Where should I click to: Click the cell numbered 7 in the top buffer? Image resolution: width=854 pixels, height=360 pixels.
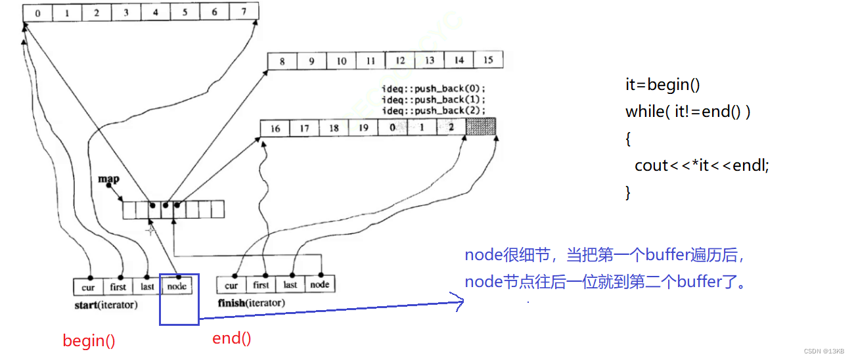tap(244, 12)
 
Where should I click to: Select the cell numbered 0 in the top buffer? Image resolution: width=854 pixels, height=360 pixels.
tap(37, 12)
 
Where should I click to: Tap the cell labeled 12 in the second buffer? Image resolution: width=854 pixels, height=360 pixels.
tap(400, 60)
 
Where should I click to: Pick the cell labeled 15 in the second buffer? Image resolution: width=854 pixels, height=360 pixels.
tap(488, 60)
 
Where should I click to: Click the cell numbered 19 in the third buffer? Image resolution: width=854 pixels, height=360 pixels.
tap(363, 128)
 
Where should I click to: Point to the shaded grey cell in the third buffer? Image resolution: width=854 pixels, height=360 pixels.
tap(480, 127)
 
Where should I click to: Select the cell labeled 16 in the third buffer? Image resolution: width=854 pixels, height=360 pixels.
tap(275, 128)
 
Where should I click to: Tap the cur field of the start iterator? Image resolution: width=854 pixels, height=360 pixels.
tap(88, 286)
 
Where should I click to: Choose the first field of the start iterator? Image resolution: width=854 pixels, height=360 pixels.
tap(118, 286)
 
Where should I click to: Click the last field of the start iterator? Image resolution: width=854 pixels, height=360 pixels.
tap(147, 286)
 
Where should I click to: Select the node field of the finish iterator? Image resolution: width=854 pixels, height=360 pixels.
tap(320, 284)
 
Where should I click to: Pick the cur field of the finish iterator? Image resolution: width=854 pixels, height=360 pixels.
tap(231, 285)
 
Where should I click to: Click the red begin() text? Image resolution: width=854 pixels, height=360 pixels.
tap(89, 340)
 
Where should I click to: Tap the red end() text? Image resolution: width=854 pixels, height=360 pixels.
tap(231, 338)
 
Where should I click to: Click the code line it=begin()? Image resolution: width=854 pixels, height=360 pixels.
tap(663, 85)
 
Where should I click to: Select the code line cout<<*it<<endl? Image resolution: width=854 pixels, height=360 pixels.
tap(702, 166)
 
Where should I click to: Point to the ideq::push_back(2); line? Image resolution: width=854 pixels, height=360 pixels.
tap(434, 110)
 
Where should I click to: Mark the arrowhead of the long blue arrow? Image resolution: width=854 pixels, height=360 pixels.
tap(460, 302)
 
